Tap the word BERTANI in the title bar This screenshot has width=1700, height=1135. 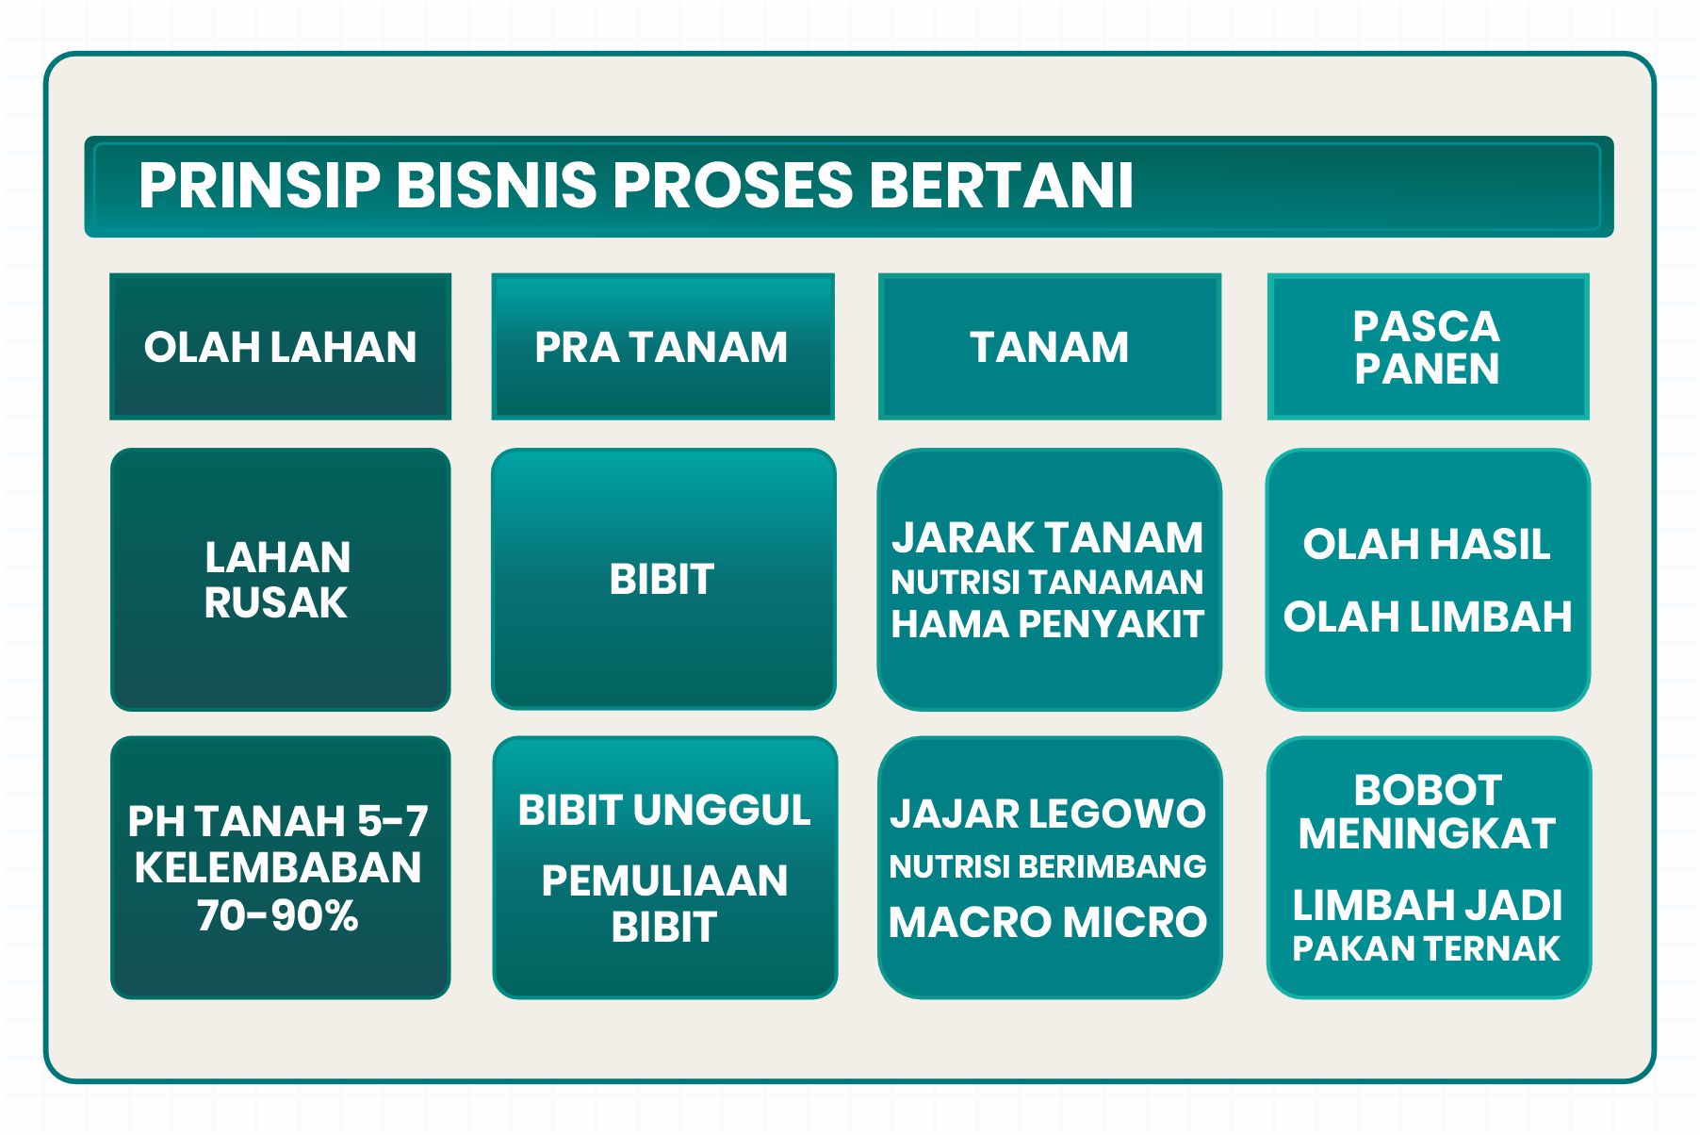tap(1001, 185)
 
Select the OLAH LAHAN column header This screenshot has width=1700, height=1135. tap(280, 347)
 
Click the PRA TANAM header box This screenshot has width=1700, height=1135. tap(662, 347)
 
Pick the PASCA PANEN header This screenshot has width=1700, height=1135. tap(1428, 347)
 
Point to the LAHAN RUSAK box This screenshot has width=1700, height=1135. tap(280, 579)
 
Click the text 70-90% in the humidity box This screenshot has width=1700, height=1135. tap(278, 915)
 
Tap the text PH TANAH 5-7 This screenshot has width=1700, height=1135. tap(278, 821)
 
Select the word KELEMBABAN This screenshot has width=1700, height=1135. tap(278, 868)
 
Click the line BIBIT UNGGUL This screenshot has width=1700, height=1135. tap(664, 811)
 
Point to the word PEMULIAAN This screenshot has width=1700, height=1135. tap(664, 881)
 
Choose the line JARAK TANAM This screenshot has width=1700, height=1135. tap(1048, 538)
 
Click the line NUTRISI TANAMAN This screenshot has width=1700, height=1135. tap(1048, 583)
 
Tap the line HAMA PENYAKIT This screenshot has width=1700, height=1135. tap(1048, 624)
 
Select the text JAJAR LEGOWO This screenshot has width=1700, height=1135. tap(1048, 814)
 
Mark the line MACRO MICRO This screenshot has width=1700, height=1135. tap(1048, 922)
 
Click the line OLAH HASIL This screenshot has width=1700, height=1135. tap(1427, 544)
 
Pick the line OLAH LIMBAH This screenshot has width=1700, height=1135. tap(1428, 617)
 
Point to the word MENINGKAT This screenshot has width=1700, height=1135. tap(1427, 834)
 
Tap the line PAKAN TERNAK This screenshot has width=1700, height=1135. tap(1427, 948)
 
